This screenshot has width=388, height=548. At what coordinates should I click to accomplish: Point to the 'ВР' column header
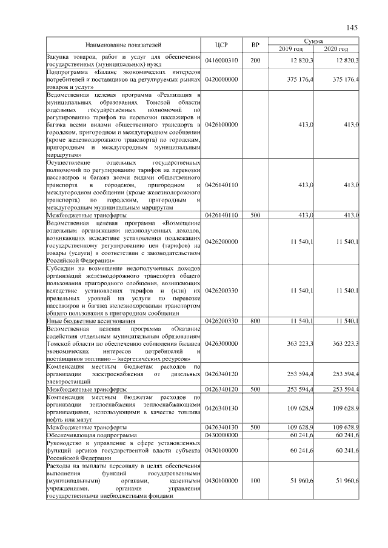255,45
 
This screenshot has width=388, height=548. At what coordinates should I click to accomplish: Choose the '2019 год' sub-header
290,48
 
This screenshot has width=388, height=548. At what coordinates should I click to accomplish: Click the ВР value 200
255,61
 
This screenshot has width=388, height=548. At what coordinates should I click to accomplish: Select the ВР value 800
255,320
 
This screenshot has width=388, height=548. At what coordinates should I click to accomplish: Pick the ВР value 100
255,480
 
